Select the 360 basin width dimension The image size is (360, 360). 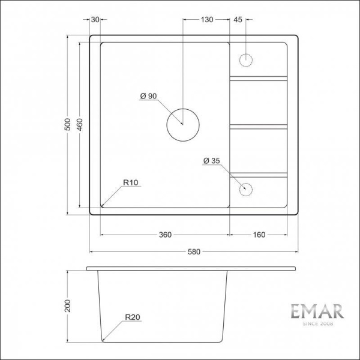[166, 234]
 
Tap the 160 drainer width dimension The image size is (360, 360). [259, 234]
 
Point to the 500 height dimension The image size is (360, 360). [67, 124]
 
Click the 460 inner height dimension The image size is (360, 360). [80, 124]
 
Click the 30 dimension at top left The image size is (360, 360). [95, 20]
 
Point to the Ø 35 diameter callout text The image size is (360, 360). [212, 161]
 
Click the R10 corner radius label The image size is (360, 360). [131, 182]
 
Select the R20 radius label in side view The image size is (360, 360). [133, 317]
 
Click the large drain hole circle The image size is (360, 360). [182, 124]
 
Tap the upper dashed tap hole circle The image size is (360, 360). [246, 60]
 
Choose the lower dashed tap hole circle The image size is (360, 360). [246, 189]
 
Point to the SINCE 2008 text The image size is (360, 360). [317, 325]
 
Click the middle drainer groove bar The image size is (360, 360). [259, 126]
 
